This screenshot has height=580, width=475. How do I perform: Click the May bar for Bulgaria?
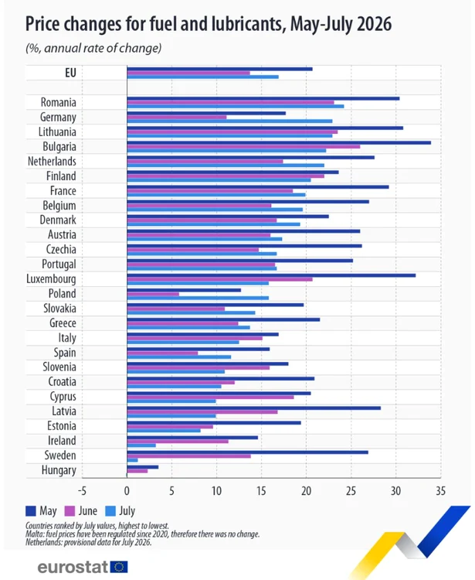[x=279, y=143]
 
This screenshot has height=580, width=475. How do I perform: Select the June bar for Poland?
[x=153, y=294]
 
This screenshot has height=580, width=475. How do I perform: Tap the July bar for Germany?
[x=229, y=121]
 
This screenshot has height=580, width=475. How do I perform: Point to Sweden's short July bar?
[x=132, y=460]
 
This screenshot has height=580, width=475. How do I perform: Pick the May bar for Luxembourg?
[x=271, y=275]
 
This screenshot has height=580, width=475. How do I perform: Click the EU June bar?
[x=188, y=73]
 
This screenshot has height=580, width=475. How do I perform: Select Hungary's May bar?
[x=143, y=467]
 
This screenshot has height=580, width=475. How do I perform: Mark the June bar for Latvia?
[x=202, y=411]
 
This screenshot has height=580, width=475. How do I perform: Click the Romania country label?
[x=59, y=102]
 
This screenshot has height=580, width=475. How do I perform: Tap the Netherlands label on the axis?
[x=52, y=162]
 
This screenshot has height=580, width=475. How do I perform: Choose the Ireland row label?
[x=62, y=441]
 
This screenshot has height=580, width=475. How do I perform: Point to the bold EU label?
[x=70, y=73]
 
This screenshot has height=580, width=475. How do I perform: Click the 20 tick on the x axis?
[x=306, y=491]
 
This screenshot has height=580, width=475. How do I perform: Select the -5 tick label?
[x=82, y=491]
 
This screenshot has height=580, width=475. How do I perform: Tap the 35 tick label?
[x=441, y=491]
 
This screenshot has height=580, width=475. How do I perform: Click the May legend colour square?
[x=31, y=511]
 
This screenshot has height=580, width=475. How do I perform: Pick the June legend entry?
[x=81, y=511]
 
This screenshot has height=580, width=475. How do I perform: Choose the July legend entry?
[x=120, y=511]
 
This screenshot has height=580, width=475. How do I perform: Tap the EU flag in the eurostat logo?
[x=119, y=567]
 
